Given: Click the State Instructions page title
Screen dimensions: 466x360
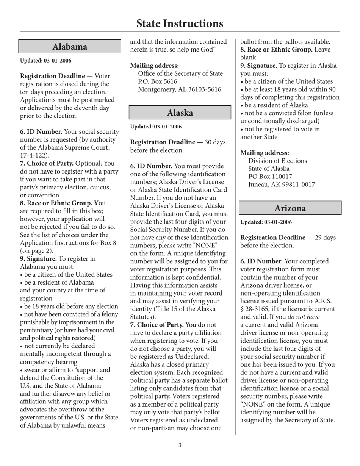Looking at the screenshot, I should (180, 23).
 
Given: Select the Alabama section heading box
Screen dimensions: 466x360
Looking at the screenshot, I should (70, 47).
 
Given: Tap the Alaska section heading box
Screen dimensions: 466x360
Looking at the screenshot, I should (180, 113).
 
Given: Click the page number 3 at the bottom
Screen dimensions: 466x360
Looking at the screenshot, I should (180, 445).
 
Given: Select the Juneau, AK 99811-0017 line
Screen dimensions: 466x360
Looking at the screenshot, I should (282, 185).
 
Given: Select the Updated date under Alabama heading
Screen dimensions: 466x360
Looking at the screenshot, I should (45, 61).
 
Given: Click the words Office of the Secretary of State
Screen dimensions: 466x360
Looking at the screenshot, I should (180, 73).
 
